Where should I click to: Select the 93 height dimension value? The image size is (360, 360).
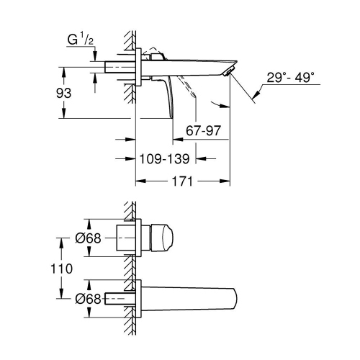tap(66, 93)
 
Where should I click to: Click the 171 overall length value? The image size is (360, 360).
tap(184, 181)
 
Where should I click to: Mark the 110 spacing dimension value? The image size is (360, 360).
tap(66, 268)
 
